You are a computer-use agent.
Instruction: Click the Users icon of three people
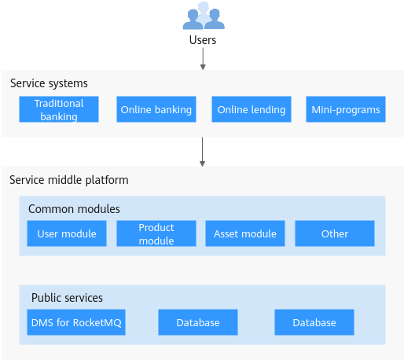[x=204, y=16]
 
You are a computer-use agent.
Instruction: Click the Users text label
[x=203, y=40]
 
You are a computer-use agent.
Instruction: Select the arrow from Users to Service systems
[x=203, y=59]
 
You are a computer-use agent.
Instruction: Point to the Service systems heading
[x=49, y=83]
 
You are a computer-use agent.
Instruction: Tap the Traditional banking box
[x=59, y=109]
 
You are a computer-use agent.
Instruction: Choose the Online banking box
[x=156, y=109]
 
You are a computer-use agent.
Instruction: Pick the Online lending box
[x=252, y=109]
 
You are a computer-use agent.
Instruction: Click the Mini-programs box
[x=346, y=109]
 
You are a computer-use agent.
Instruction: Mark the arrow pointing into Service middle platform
[x=202, y=152]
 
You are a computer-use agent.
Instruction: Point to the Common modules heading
[x=74, y=209]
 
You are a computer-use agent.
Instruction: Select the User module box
[x=67, y=233]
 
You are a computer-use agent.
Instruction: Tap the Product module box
[x=156, y=233]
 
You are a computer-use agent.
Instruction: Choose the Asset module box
[x=245, y=233]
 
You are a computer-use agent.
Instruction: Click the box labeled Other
[x=335, y=233]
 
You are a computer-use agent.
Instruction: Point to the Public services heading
[x=67, y=298]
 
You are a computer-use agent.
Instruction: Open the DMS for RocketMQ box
[x=76, y=322]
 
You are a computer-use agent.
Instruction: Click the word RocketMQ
[x=97, y=323]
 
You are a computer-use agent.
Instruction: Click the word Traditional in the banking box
[x=59, y=104]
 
